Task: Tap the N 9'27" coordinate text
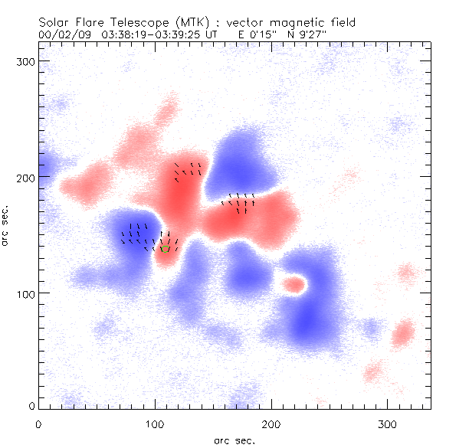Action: [298, 34]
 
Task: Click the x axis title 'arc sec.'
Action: [235, 440]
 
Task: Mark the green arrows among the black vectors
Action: [166, 248]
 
